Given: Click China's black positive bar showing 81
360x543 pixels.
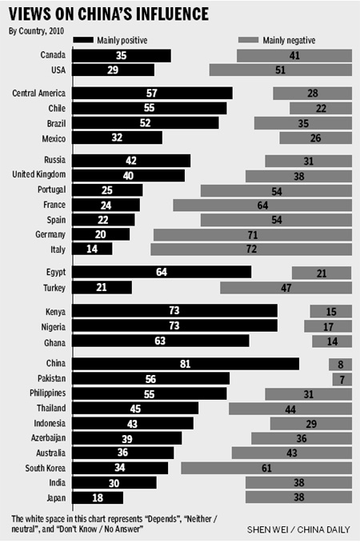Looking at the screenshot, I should tap(186, 364).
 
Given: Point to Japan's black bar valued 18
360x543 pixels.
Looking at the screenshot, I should tap(98, 497).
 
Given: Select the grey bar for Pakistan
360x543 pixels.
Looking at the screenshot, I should tap(342, 378).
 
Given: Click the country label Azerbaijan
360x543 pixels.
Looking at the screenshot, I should tap(44, 438).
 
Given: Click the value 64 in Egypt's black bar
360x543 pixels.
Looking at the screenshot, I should tap(162, 273).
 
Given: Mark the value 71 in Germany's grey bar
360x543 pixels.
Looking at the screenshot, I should tap(253, 234).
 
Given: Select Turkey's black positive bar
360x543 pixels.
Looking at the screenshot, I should tap(102, 287).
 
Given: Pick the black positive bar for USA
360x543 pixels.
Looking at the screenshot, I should tap(113, 70).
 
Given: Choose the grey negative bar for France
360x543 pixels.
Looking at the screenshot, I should tap(262, 204).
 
